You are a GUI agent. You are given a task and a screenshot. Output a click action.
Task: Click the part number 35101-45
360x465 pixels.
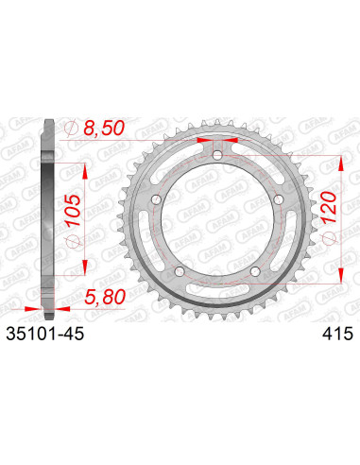point(57,333)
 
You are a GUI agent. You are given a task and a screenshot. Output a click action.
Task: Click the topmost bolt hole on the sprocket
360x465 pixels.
point(218,154)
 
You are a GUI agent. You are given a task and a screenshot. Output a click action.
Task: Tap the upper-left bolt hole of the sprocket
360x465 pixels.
point(159,197)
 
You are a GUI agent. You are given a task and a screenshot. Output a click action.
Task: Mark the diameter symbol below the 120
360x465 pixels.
point(327,246)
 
